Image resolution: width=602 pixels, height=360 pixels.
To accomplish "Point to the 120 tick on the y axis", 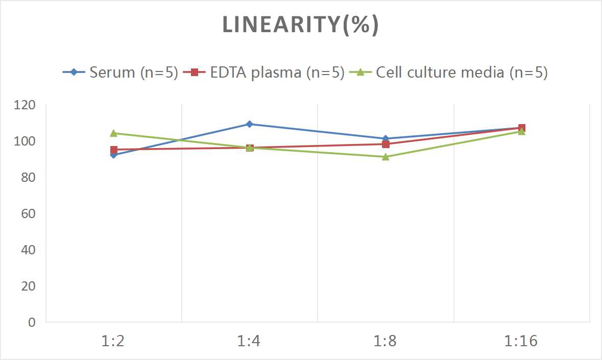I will click(x=25, y=105).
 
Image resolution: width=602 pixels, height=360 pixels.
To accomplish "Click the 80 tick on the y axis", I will click(x=28, y=178).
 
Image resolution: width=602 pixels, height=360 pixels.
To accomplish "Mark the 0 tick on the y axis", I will click(x=32, y=322).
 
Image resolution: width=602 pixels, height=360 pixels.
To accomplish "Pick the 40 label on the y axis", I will click(x=28, y=250).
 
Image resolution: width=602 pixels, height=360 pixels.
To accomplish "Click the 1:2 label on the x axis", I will click(x=113, y=341).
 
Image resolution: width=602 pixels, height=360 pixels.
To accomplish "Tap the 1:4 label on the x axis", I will click(x=249, y=341).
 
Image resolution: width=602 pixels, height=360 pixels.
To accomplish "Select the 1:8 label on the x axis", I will click(x=385, y=341).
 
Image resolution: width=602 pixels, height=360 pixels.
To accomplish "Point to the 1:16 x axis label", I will click(x=521, y=341).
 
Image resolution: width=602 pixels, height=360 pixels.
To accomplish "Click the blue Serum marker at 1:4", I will click(x=250, y=124).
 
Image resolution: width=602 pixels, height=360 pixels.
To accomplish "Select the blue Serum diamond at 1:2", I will click(x=113, y=155).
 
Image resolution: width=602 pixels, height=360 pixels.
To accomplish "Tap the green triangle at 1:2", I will click(x=113, y=133).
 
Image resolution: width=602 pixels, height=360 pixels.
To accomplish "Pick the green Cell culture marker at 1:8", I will click(x=386, y=157).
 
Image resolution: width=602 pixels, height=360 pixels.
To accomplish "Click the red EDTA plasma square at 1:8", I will click(x=386, y=144).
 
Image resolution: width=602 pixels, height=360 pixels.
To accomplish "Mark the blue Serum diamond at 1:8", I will click(x=386, y=138).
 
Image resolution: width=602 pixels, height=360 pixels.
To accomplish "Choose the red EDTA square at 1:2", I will click(x=113, y=150).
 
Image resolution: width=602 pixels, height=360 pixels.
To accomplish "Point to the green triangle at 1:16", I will click(x=521, y=132).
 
